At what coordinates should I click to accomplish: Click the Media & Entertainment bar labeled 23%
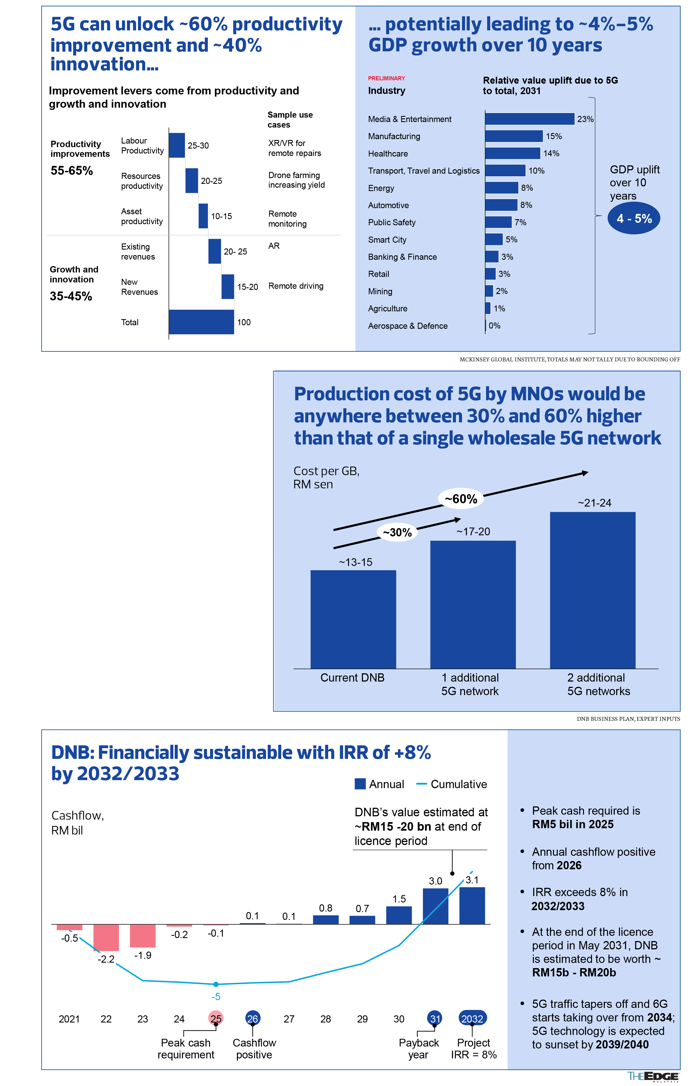tap(529, 119)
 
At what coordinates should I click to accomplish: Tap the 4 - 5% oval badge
tap(634, 219)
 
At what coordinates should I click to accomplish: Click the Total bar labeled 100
tap(201, 322)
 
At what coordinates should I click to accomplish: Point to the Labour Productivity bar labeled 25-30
tap(177, 145)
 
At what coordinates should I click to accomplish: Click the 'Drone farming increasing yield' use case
tap(296, 180)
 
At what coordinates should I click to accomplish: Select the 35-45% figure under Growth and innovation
tap(71, 296)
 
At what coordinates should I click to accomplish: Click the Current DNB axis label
tap(352, 678)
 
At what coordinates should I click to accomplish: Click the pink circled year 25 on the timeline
tap(216, 1018)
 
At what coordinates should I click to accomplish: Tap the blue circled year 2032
tap(472, 1018)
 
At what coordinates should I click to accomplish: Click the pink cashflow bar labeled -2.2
tap(106, 937)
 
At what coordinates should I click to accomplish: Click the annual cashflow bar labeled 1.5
tap(399, 915)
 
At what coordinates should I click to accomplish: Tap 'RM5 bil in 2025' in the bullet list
tap(572, 824)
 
